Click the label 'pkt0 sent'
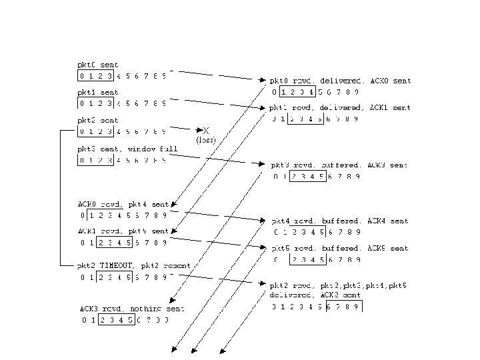tap(98, 65)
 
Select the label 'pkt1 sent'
tap(98, 93)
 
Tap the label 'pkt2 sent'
tap(98, 121)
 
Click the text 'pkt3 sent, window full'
tap(118, 149)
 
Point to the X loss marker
tap(206, 130)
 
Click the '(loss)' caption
tap(206, 140)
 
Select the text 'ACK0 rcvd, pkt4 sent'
tap(124, 204)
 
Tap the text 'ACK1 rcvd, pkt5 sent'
tap(124, 231)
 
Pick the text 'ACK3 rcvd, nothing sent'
tap(131, 309)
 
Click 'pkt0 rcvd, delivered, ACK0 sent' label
tap(340, 81)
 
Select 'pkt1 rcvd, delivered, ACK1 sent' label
tap(340, 107)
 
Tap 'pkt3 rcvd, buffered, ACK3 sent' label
tap(339, 165)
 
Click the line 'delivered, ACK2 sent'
tap(315, 295)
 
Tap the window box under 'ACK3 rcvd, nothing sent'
tap(116, 320)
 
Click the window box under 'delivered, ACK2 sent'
tap(345, 307)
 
